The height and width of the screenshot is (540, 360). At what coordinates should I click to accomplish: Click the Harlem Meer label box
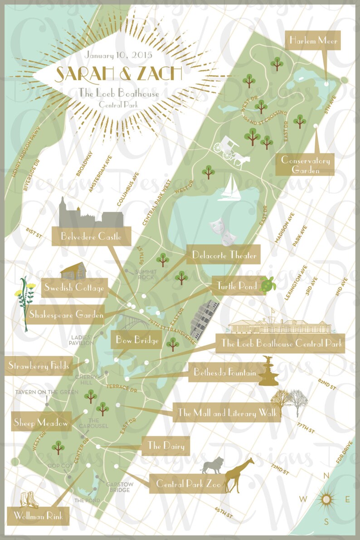point(314,41)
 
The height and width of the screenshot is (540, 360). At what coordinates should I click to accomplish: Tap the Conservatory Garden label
point(306,165)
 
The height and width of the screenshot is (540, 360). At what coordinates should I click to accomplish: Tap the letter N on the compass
point(326,476)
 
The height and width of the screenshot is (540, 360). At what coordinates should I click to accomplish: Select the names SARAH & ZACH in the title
point(119,73)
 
